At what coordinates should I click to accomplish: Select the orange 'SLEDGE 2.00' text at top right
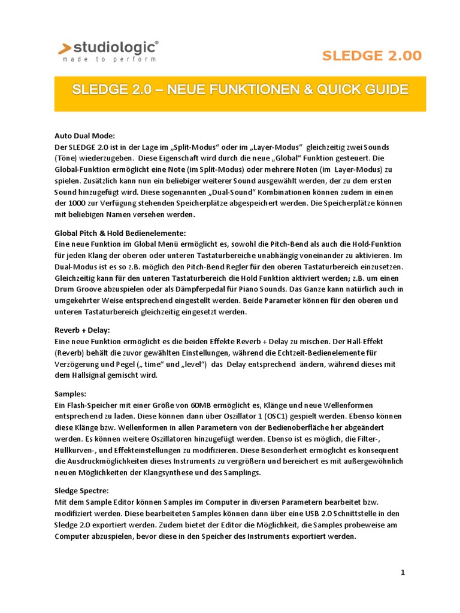pyautogui.click(x=372, y=56)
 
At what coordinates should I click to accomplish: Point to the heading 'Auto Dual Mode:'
pyautogui.click(x=84, y=136)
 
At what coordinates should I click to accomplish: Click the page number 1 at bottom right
pyautogui.click(x=403, y=572)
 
